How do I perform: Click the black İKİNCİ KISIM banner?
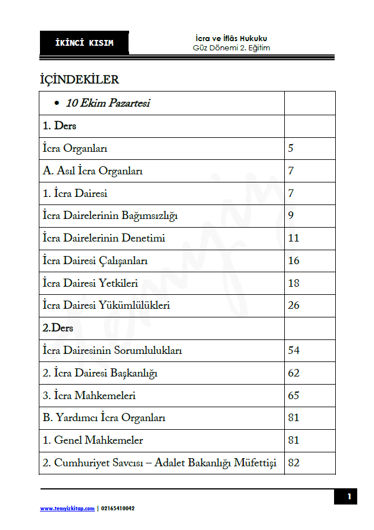[x=85, y=43]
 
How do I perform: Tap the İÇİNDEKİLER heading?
[x=79, y=79]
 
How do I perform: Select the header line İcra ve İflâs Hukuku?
[x=231, y=38]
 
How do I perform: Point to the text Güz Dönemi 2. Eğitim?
[x=231, y=48]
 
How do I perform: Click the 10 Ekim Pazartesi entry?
[x=108, y=103]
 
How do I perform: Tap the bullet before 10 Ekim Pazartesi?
[x=56, y=104]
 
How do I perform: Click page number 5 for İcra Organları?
[x=291, y=148]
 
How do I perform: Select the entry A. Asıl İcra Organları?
[x=93, y=171]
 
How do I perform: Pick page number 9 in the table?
[x=291, y=215]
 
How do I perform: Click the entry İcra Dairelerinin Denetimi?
[x=104, y=238]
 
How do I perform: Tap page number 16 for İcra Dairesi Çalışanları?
[x=294, y=261]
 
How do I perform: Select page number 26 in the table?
[x=294, y=305]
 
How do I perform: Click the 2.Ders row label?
[x=58, y=328]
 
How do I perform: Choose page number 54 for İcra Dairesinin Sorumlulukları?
[x=294, y=350]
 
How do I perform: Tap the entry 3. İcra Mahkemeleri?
[x=89, y=396]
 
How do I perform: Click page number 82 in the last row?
[x=294, y=463]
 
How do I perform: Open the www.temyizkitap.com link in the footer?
[x=67, y=509]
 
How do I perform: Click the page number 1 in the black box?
[x=349, y=496]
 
